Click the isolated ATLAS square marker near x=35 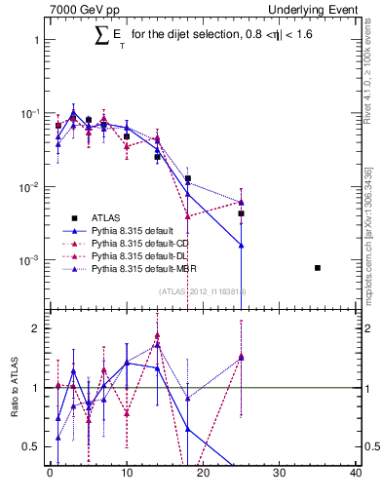[318, 267]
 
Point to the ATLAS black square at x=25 [241, 213]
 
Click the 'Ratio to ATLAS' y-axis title [13, 387]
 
